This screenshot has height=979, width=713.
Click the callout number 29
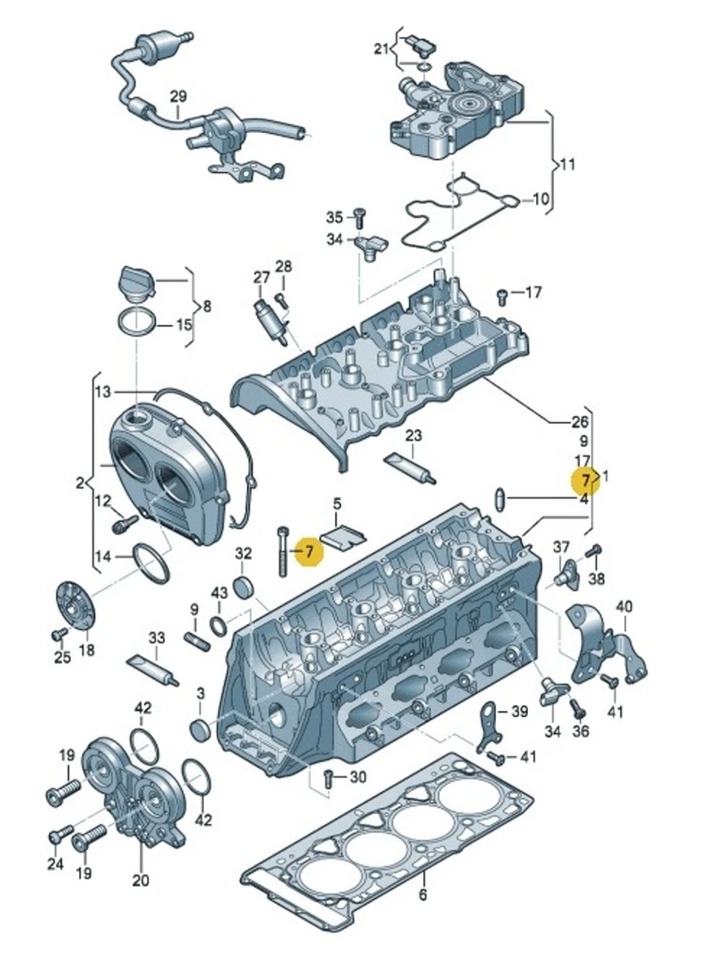coord(179,96)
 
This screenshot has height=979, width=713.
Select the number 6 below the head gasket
coord(423,896)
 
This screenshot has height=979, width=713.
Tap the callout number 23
coord(414,436)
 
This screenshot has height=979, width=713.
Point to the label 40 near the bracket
coord(624,606)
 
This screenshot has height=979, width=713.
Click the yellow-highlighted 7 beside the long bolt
coord(309,552)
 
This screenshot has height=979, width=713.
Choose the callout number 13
coord(102,392)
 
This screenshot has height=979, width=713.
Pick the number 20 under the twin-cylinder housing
coord(140,880)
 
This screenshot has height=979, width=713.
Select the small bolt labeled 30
coord(328,778)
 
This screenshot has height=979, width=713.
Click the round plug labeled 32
coord(244,587)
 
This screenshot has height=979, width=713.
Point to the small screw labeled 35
coord(356,215)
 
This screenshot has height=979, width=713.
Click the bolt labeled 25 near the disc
coord(59,636)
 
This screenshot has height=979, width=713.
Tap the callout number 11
coord(568,164)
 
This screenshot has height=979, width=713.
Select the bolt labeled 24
coord(59,835)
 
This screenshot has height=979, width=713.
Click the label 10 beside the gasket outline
coord(542,198)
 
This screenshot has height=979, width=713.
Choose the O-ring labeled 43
coord(219,627)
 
